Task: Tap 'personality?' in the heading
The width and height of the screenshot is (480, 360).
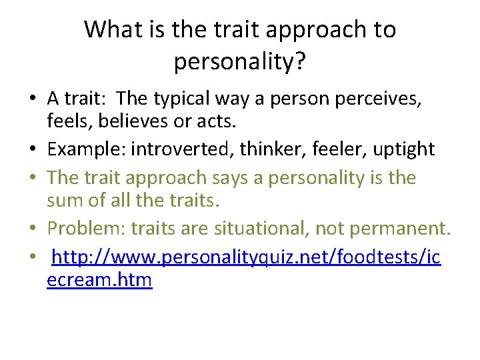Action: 240,61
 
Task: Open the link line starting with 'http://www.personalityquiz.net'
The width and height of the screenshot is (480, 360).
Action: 246,257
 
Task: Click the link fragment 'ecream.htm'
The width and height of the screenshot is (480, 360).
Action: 99,279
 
